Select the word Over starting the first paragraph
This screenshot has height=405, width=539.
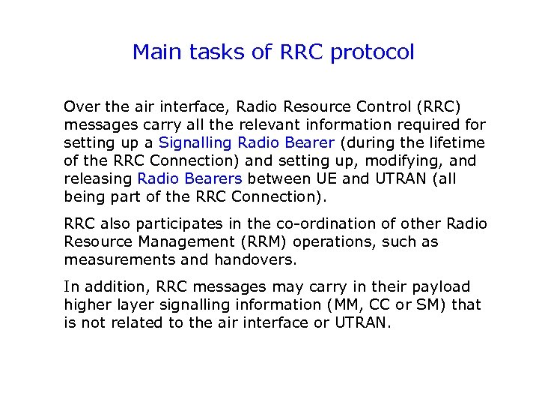(x=80, y=106)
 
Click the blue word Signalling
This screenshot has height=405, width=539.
(x=195, y=142)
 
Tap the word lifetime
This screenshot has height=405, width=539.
(x=456, y=142)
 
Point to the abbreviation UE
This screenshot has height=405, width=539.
(x=319, y=178)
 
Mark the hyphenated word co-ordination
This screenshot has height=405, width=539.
(x=332, y=224)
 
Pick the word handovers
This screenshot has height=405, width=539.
(x=258, y=260)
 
